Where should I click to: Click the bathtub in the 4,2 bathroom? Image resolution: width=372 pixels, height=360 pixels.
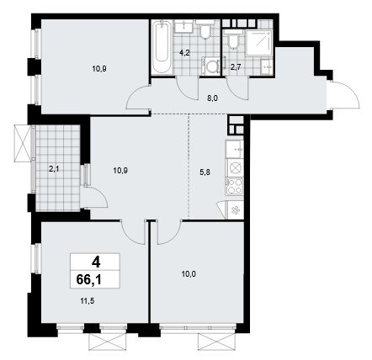click(162, 48)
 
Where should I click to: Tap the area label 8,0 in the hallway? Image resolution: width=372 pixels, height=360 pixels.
click(213, 98)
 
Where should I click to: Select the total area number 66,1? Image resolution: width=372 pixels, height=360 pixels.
click(88, 279)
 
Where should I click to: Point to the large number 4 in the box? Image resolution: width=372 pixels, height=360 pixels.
click(95, 262)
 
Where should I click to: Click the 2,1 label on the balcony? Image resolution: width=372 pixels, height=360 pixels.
click(53, 169)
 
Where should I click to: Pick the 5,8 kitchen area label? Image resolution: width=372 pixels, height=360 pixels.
click(205, 172)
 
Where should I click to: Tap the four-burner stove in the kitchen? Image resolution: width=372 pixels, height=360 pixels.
click(235, 187)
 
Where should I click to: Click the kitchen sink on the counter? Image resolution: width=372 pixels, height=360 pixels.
click(235, 149)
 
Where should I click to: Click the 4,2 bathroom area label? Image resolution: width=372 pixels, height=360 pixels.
click(185, 53)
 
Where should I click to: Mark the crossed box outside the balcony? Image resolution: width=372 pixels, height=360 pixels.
click(22, 142)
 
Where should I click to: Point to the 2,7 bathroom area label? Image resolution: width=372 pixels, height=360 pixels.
click(234, 66)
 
